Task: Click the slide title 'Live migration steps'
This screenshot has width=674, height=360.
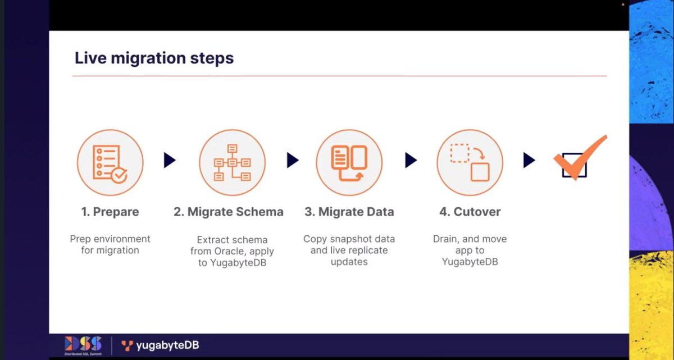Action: tap(154, 58)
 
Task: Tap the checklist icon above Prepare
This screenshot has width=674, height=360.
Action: tap(110, 162)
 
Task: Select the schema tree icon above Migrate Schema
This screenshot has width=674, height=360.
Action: tap(232, 162)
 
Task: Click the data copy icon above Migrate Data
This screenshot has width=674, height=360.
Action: tap(349, 162)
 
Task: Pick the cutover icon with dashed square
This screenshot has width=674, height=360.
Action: tap(470, 162)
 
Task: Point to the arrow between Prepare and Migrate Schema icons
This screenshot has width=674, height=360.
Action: tap(170, 161)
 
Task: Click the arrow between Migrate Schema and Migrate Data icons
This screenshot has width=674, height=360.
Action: tap(292, 161)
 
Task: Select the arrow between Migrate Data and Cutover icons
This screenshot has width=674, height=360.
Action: tap(411, 161)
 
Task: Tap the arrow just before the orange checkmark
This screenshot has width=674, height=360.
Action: tap(529, 161)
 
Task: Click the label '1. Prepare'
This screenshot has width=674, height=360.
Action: tap(110, 212)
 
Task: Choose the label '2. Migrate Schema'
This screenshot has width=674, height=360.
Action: tap(229, 212)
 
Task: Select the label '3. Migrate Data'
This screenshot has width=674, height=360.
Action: tap(349, 212)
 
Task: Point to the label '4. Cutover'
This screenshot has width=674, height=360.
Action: tap(470, 212)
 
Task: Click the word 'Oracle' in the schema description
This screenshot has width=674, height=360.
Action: tap(229, 251)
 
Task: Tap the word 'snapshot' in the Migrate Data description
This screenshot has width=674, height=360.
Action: tap(349, 239)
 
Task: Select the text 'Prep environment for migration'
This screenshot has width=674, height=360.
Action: tap(110, 244)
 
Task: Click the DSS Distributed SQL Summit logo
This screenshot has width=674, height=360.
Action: tap(83, 345)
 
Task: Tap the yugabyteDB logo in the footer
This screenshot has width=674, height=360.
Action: tap(160, 345)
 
